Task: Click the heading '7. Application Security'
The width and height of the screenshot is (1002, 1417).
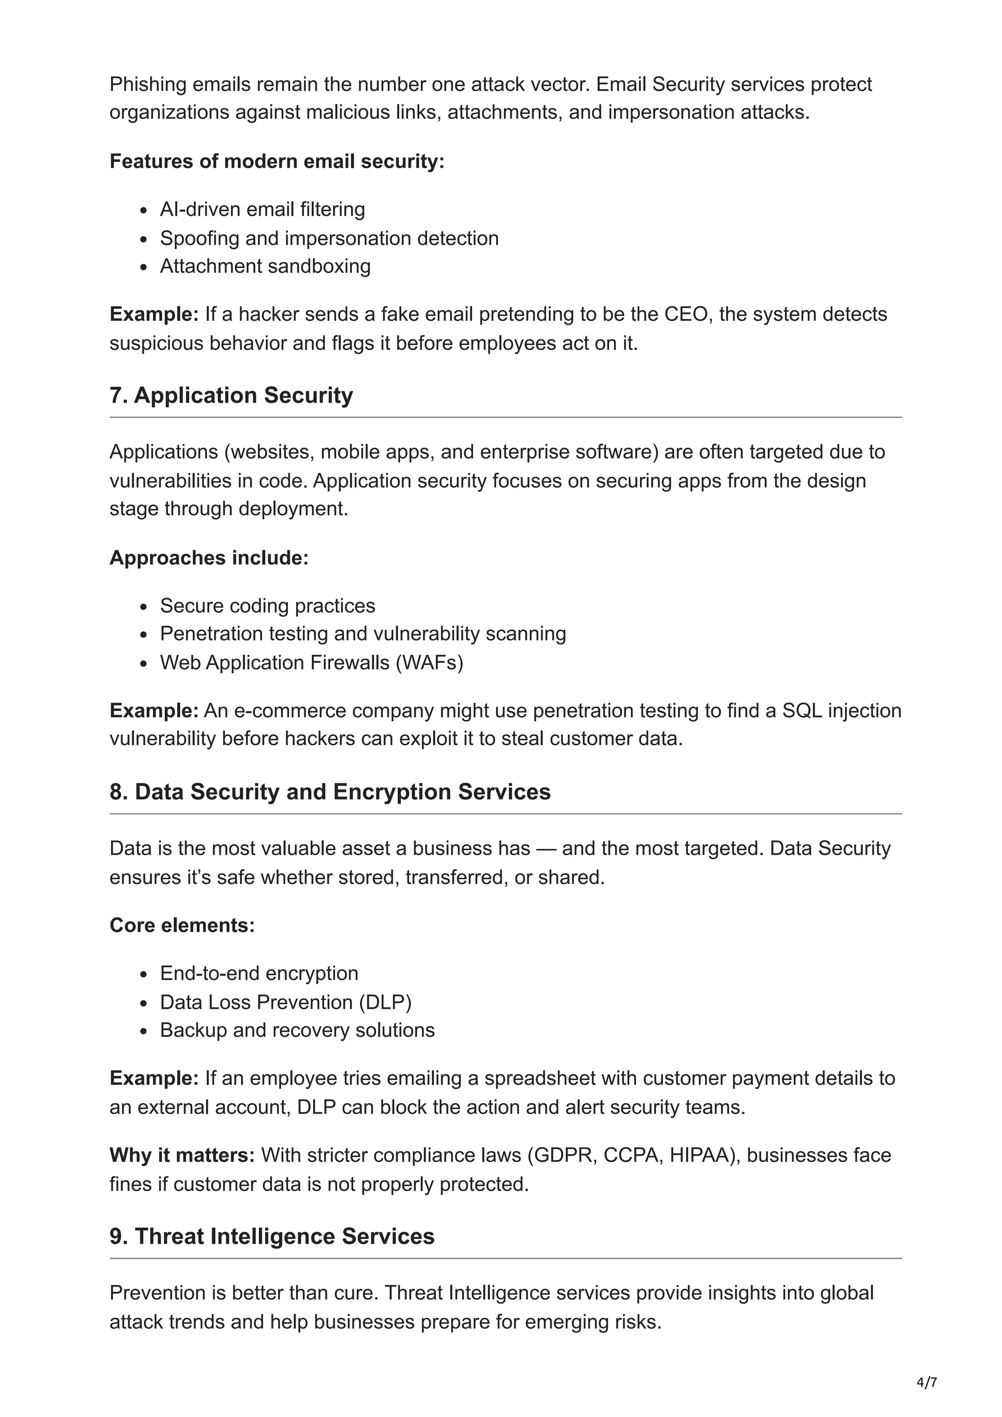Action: [231, 396]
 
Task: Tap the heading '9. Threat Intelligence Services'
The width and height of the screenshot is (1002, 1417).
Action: [272, 1236]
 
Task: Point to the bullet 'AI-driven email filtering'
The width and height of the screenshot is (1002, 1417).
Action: [262, 210]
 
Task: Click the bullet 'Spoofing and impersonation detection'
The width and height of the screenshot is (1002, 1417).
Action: [329, 238]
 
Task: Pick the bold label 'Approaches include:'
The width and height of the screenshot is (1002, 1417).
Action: [209, 558]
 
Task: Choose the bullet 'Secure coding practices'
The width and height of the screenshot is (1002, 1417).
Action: [267, 606]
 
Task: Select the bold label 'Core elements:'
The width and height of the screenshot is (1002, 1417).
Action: [182, 926]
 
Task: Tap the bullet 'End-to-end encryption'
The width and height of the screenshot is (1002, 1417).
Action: [259, 974]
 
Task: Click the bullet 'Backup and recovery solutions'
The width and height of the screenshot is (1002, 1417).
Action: [297, 1031]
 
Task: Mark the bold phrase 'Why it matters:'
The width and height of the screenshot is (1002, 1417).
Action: [182, 1155]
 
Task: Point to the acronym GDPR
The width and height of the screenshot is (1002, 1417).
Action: [561, 1155]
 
